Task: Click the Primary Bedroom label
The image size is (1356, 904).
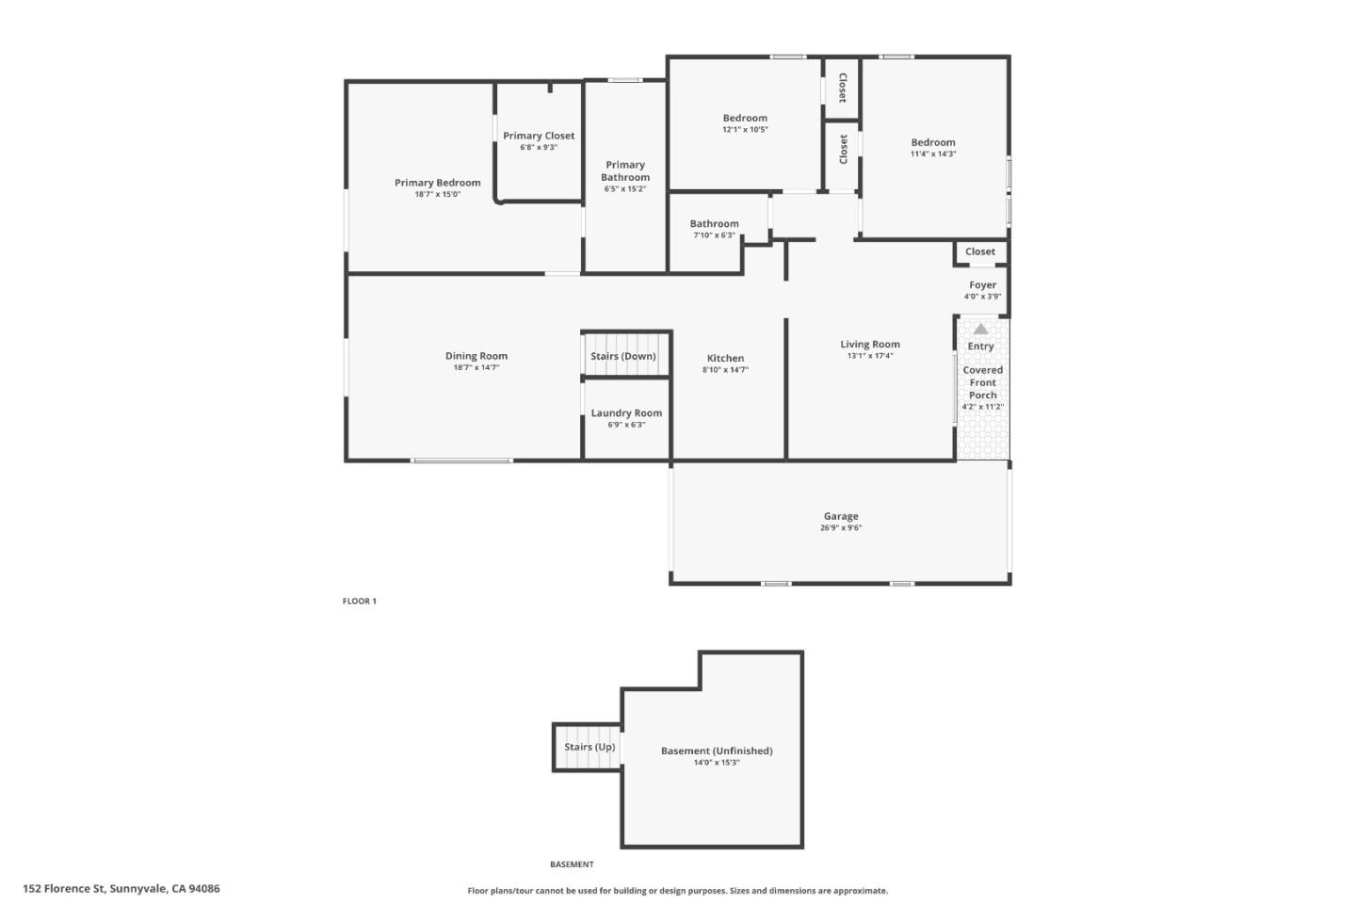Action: pyautogui.click(x=437, y=183)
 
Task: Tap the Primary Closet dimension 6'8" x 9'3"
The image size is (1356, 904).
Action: pyautogui.click(x=539, y=148)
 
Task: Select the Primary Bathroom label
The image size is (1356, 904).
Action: pyautogui.click(x=625, y=170)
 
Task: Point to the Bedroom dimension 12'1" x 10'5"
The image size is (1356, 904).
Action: pyautogui.click(x=745, y=130)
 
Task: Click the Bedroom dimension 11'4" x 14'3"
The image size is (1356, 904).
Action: pyautogui.click(x=932, y=154)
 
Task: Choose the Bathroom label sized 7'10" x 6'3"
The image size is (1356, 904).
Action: pyautogui.click(x=714, y=224)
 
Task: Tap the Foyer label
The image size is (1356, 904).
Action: pyautogui.click(x=982, y=284)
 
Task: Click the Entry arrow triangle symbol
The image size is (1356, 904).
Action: pyautogui.click(x=980, y=329)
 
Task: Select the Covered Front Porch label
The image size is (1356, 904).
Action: pyautogui.click(x=982, y=382)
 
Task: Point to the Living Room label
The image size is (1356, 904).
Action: pyautogui.click(x=869, y=344)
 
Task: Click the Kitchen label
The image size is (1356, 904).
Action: pyautogui.click(x=725, y=358)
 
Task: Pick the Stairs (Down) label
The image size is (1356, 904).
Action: pyautogui.click(x=622, y=356)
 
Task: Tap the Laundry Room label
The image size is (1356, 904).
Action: pyautogui.click(x=626, y=412)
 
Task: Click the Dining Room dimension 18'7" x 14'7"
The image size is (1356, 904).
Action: pyautogui.click(x=476, y=368)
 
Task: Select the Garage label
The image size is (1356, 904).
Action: pyautogui.click(x=840, y=516)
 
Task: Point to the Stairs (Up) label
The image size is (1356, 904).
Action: pyautogui.click(x=589, y=747)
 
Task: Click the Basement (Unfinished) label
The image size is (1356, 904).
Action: pyautogui.click(x=716, y=751)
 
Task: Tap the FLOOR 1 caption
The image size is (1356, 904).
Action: pyautogui.click(x=359, y=601)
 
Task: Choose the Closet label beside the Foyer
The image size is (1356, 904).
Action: pyautogui.click(x=979, y=251)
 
